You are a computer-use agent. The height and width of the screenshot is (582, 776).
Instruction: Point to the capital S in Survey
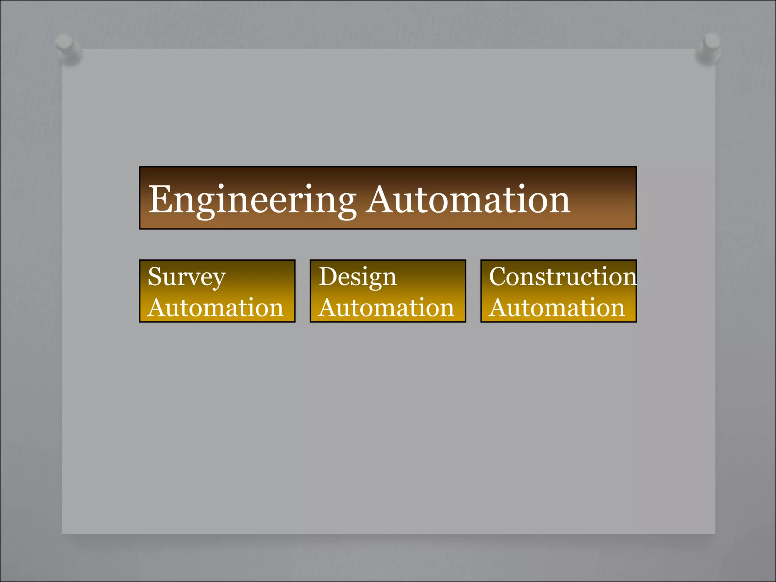coord(156,276)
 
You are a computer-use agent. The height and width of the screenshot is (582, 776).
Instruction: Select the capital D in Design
coord(328,276)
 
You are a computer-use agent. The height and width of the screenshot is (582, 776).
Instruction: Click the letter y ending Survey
coord(218,280)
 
